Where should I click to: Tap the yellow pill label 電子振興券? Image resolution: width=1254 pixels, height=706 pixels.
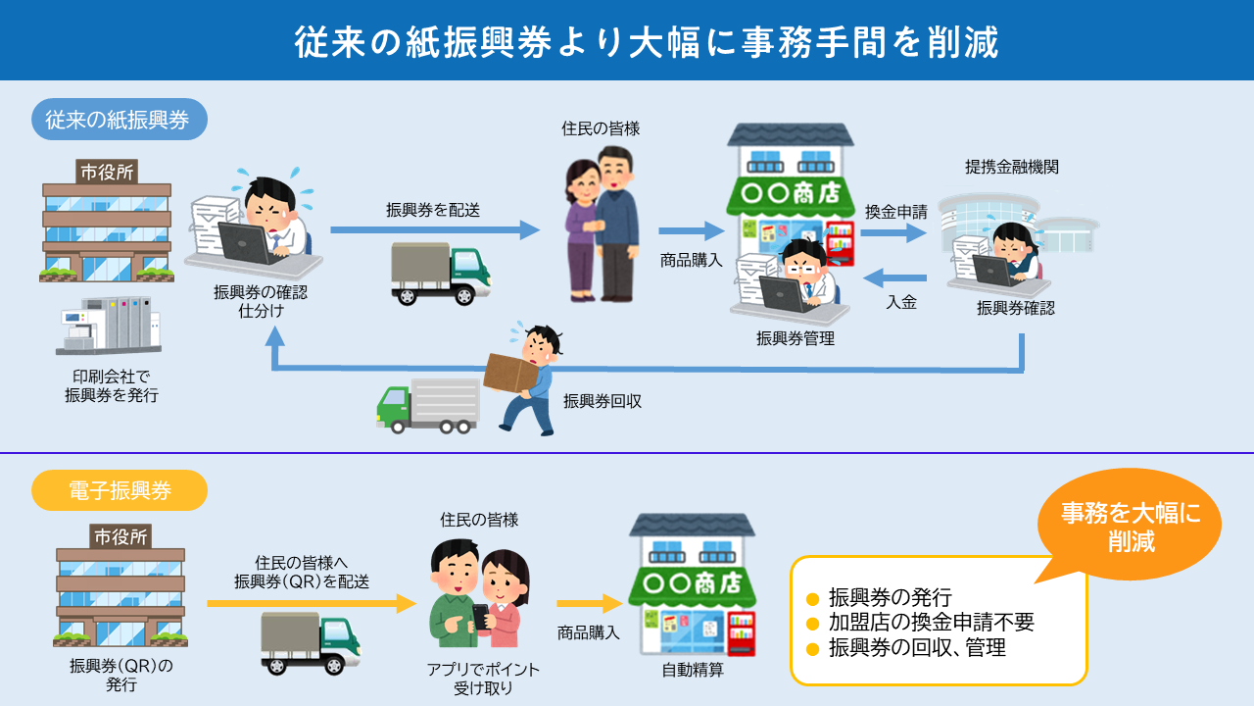pos(120,490)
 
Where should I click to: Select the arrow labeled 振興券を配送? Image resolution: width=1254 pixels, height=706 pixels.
pos(434,230)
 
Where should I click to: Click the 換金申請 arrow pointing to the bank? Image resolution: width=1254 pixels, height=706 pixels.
pos(893,233)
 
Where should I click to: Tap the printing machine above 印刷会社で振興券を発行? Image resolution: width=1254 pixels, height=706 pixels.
pos(109,325)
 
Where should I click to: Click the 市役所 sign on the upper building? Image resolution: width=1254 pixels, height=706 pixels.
pos(108,172)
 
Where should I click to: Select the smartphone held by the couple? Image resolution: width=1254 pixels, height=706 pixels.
pos(480,615)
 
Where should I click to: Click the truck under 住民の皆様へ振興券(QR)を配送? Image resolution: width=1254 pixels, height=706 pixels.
pos(311,643)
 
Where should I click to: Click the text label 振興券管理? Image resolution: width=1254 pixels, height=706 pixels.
pos(795,338)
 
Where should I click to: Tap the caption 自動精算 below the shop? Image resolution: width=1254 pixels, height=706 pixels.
pos(694,672)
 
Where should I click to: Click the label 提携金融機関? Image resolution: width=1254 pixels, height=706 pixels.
pos(1011,167)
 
